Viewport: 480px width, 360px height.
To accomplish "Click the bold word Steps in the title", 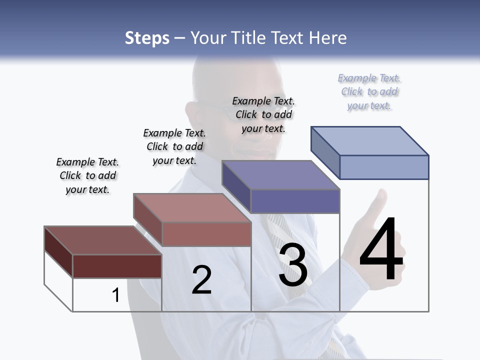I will click(147, 38).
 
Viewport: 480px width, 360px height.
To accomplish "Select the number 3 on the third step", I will click(293, 265).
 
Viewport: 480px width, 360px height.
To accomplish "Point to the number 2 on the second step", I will click(202, 280).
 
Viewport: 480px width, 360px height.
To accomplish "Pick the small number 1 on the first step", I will click(115, 295).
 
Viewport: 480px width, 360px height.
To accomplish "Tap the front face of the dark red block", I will click(117, 266).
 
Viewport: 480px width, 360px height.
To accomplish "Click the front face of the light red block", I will click(206, 233).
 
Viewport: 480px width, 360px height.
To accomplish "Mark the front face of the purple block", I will click(295, 201).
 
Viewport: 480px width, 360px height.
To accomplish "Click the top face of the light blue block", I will click(370, 140).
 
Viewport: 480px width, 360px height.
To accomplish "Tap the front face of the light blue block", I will click(384, 167).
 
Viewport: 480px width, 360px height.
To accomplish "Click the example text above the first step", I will click(87, 175).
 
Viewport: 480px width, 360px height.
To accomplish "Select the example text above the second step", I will click(174, 146).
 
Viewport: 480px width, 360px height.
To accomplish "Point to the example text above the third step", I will click(263, 114).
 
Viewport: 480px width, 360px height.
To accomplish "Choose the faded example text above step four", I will click(369, 91).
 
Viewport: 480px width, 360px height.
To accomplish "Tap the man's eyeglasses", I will click(220, 107).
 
